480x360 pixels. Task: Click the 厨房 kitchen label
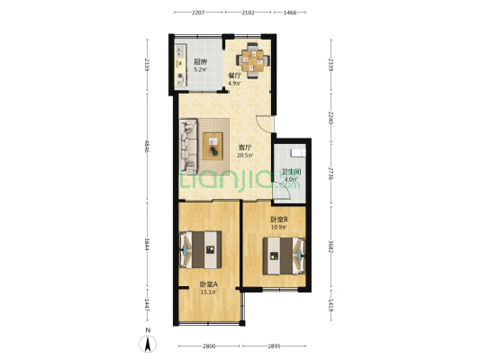click(201, 62)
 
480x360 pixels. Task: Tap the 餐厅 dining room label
click(235, 76)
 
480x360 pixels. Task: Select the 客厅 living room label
click(245, 148)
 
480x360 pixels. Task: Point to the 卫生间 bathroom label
click(291, 172)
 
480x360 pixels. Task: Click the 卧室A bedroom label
click(209, 284)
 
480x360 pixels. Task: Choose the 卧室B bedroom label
click(278, 220)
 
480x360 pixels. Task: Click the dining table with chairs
click(253, 60)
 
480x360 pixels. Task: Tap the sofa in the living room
click(188, 145)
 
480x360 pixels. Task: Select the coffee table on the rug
click(213, 146)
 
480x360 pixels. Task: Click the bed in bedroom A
click(200, 249)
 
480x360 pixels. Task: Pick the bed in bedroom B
click(284, 256)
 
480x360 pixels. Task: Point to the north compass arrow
click(148, 344)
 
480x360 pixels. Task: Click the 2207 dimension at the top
click(198, 13)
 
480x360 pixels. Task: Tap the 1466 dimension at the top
click(290, 13)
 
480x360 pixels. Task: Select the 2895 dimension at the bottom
click(274, 346)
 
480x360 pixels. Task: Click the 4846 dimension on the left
click(147, 147)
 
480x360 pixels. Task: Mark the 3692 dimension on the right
click(331, 247)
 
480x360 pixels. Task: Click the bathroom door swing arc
click(285, 189)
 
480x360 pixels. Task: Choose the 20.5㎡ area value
click(245, 155)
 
